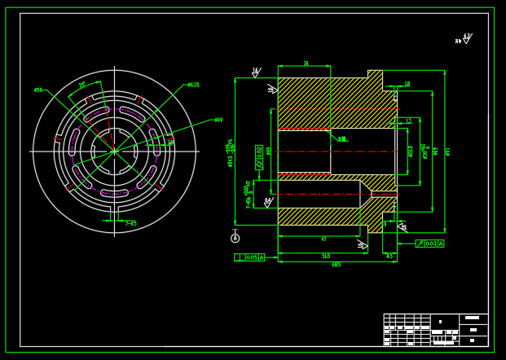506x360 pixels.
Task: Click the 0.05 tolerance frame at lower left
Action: click(249, 257)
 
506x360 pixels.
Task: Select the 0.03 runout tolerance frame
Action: click(429, 244)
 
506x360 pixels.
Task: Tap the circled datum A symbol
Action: click(235, 239)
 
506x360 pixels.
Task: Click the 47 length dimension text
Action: click(323, 239)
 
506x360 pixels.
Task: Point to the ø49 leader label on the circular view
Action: click(218, 121)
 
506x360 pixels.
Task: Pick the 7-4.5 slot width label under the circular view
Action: click(130, 224)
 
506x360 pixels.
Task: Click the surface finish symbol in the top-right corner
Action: click(465, 39)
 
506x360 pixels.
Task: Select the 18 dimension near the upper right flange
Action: click(407, 84)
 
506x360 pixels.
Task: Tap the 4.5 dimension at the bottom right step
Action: click(389, 257)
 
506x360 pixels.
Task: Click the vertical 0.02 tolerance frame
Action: click(259, 156)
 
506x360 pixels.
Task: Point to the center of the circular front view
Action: click(114, 151)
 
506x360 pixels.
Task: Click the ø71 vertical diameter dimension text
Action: click(447, 151)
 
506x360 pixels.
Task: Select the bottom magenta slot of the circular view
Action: click(114, 193)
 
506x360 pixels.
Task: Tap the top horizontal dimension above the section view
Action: click(306, 64)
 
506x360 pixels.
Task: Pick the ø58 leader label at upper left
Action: click(38, 90)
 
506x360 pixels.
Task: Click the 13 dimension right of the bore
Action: click(408, 121)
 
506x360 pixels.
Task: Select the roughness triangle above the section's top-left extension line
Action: click(255, 72)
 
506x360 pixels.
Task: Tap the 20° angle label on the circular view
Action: click(81, 85)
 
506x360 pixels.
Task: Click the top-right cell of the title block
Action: click(473, 318)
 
